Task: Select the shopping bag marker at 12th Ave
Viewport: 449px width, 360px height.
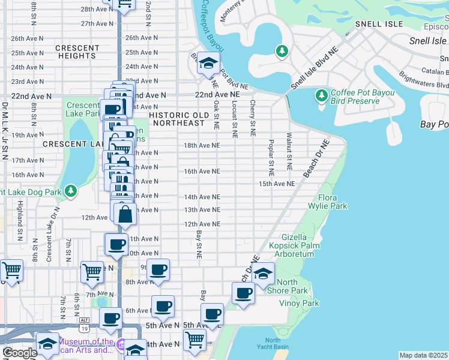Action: [125, 214]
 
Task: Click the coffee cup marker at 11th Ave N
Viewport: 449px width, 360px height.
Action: [117, 244]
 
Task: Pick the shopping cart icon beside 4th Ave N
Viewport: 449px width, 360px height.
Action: [194, 339]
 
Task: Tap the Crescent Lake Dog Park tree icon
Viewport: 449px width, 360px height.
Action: [71, 191]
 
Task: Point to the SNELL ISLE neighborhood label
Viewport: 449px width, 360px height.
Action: [378, 24]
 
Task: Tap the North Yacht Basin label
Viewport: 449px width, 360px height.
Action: [273, 344]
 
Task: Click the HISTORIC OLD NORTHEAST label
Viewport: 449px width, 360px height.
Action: [178, 118]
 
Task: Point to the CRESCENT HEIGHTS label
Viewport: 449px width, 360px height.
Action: [77, 52]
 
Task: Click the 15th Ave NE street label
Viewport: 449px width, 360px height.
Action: [277, 184]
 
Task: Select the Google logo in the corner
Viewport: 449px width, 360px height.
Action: [19, 353]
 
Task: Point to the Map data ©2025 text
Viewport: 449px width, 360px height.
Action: [423, 355]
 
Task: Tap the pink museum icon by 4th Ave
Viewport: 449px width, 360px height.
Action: [121, 346]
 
